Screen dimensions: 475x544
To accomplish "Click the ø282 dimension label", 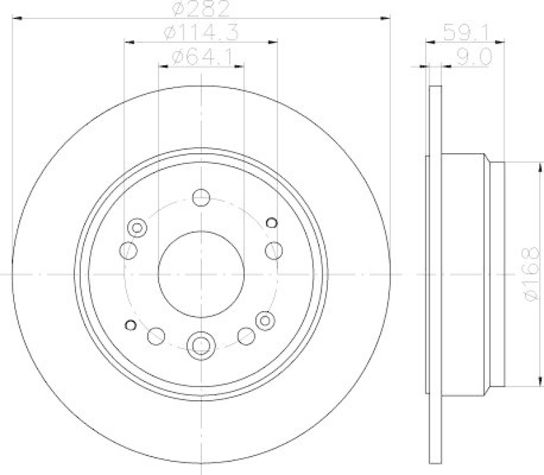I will (201, 10).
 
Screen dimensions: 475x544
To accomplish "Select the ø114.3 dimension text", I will (201, 31).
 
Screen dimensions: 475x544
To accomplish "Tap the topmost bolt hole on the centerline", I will (201, 197).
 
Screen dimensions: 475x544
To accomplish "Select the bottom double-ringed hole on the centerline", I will (201, 345).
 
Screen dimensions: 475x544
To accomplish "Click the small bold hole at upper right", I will (272, 221).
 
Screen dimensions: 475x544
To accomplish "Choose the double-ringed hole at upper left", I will (137, 227).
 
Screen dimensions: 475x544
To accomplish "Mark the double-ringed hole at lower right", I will (265, 318).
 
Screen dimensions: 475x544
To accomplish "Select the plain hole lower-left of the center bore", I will (156, 335).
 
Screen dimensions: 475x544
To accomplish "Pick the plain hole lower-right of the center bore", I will (245, 335).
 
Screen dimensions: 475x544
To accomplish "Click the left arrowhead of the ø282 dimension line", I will (16, 18).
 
